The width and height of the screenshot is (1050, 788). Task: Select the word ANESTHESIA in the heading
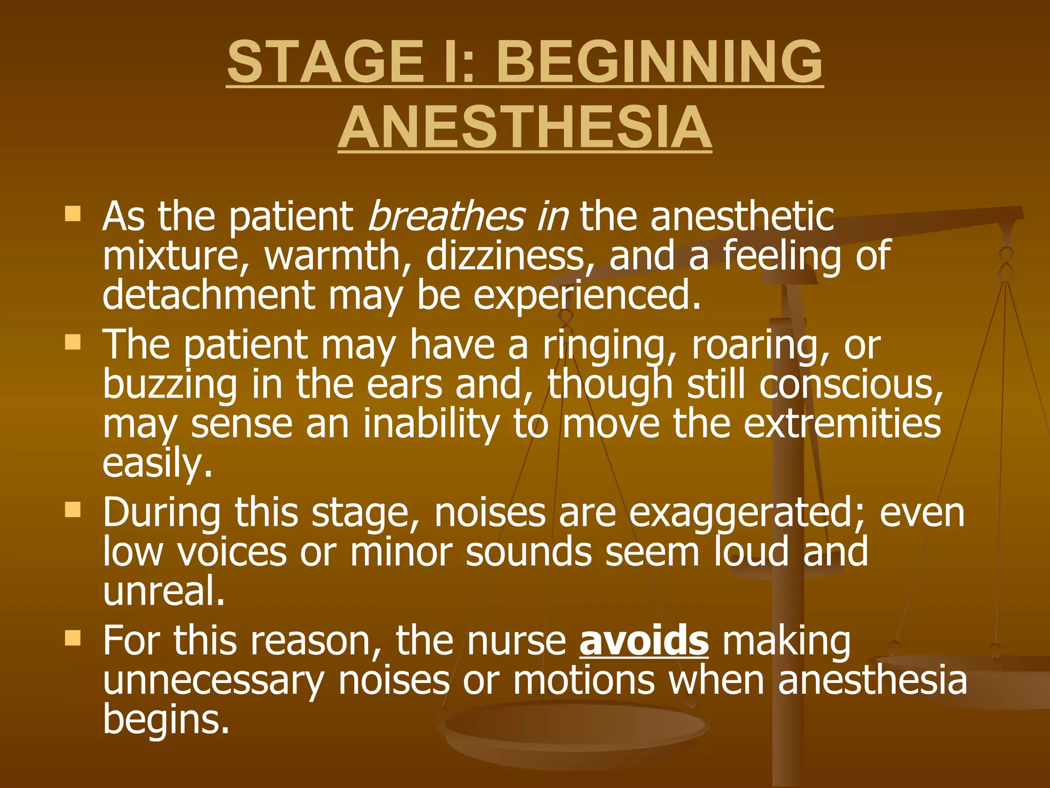coord(524,127)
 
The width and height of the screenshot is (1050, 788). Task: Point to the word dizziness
coord(505,255)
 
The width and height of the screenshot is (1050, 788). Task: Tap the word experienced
coord(587,297)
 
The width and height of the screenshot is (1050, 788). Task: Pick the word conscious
coord(851,385)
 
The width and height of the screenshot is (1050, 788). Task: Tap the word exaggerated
coord(747,514)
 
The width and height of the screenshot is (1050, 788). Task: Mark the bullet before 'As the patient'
coord(73,213)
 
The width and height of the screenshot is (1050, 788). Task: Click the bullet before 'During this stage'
coord(73,509)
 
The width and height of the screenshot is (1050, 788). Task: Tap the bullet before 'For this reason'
coord(73,638)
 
